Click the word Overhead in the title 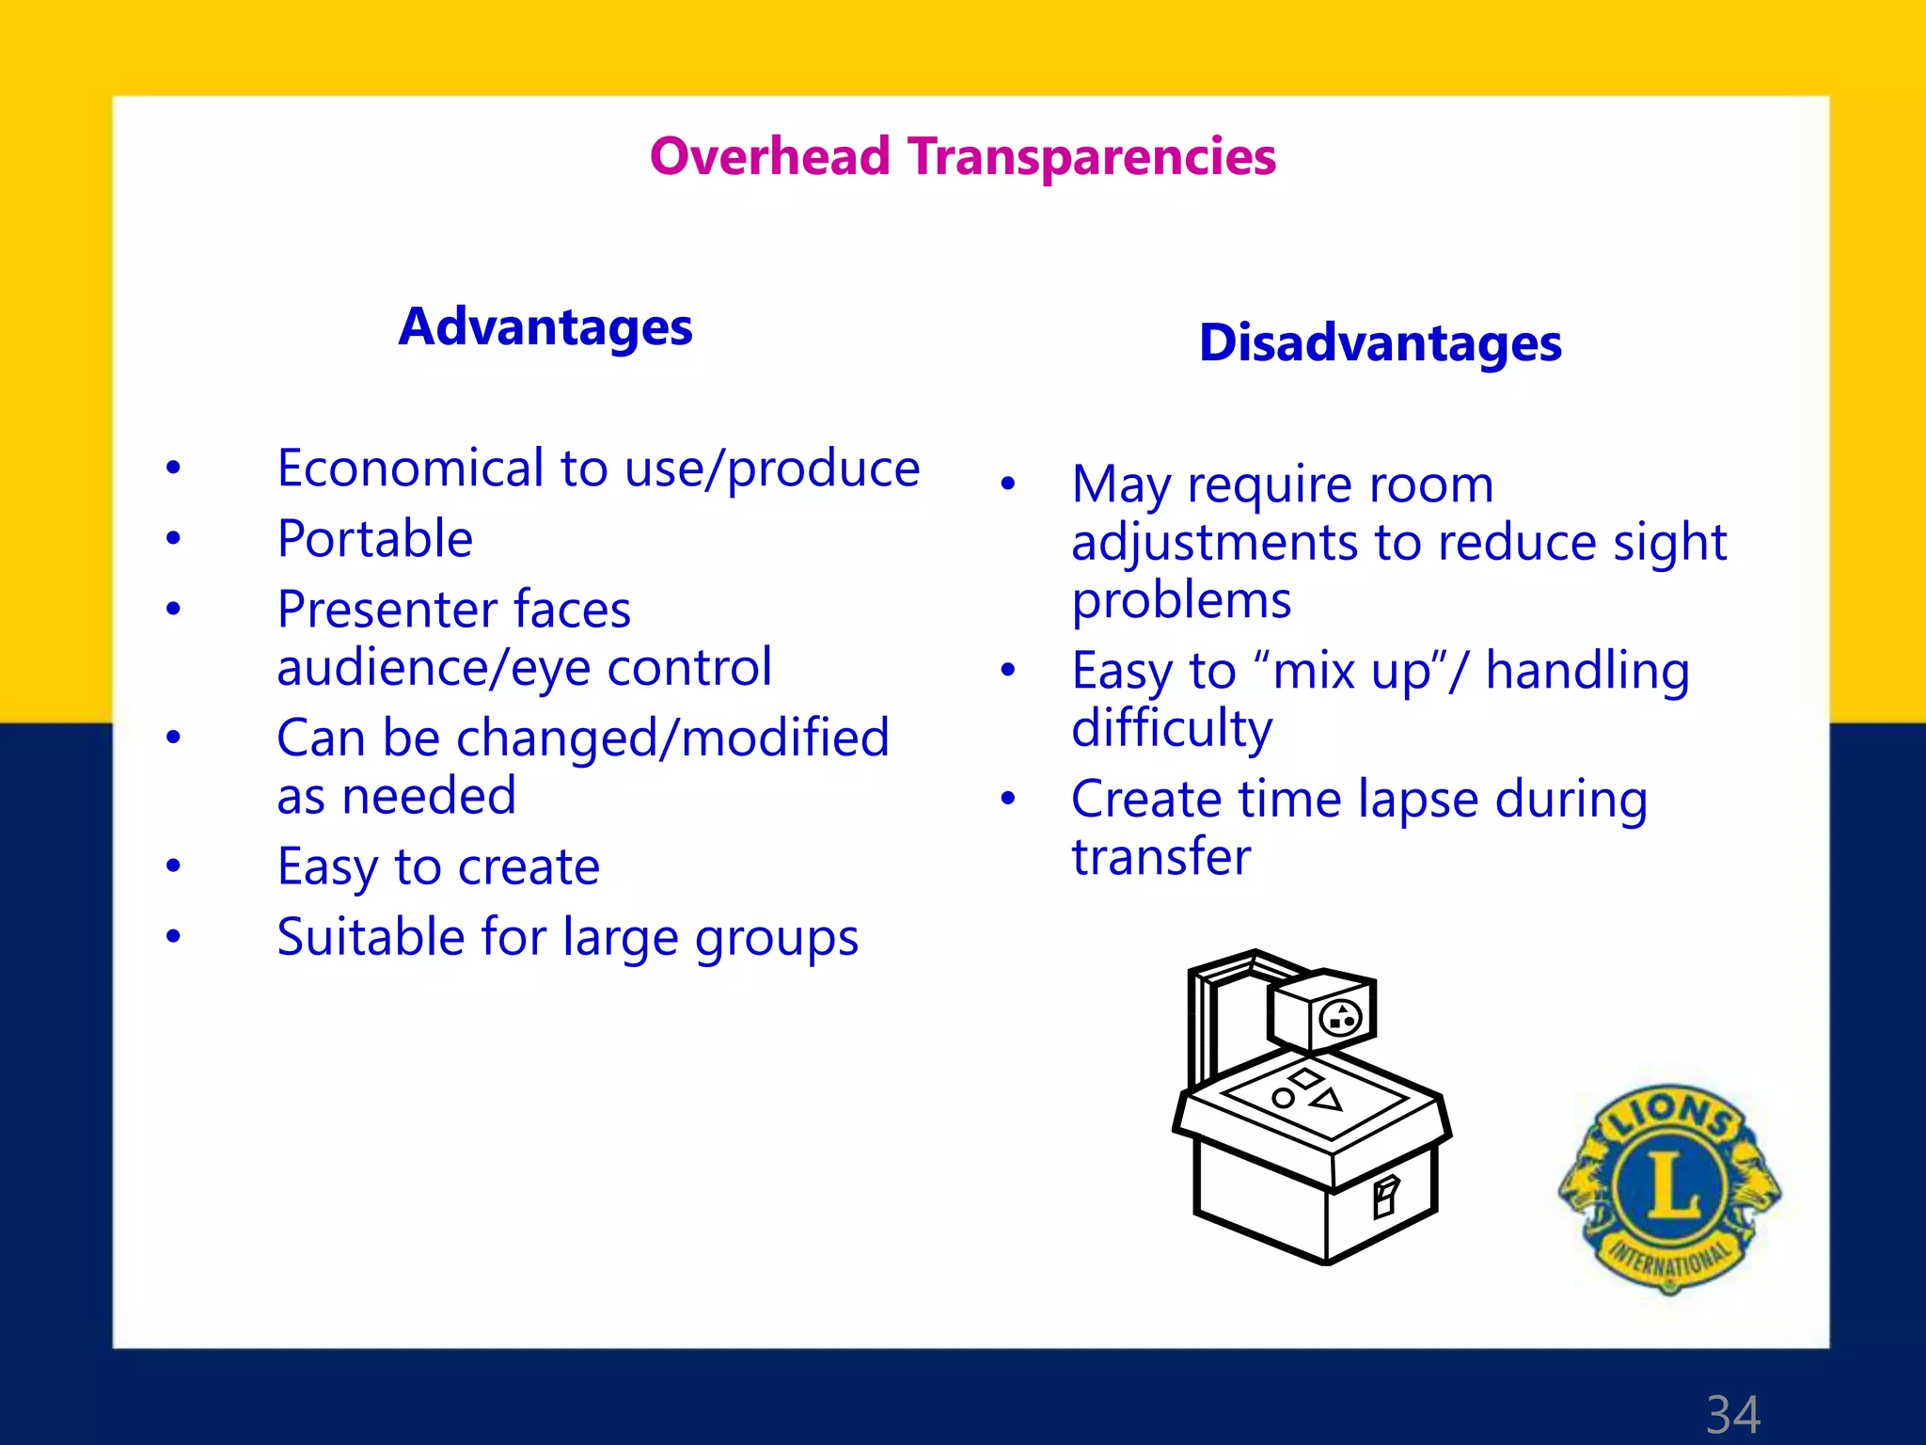pyautogui.click(x=769, y=156)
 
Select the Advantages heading pyautogui.click(x=545, y=327)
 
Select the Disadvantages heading pyautogui.click(x=1380, y=343)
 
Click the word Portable pyautogui.click(x=375, y=539)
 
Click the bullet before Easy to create pyautogui.click(x=173, y=865)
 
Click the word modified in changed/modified pyautogui.click(x=785, y=738)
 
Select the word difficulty pyautogui.click(x=1172, y=729)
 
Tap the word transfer pyautogui.click(x=1160, y=857)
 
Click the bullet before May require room pyautogui.click(x=1008, y=484)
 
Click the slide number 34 pyautogui.click(x=1732, y=1414)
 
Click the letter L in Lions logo pyautogui.click(x=1670, y=1184)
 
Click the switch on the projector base pyautogui.click(x=1385, y=1198)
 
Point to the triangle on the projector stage pyautogui.click(x=1328, y=1099)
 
